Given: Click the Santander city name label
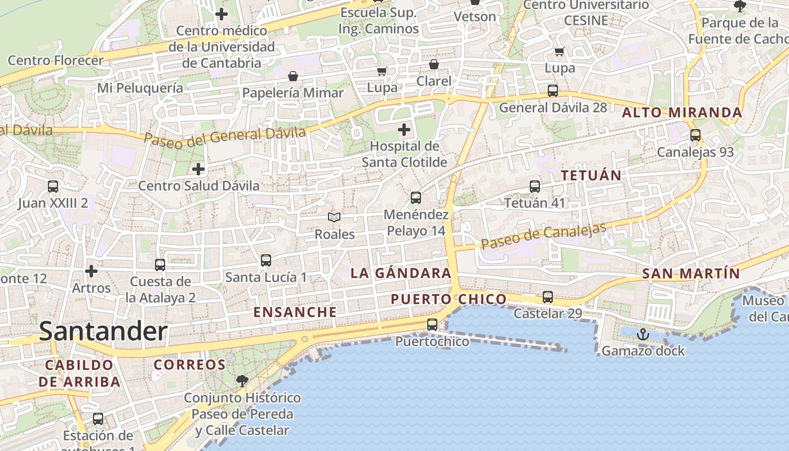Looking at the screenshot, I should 103,331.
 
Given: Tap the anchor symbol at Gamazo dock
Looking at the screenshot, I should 642,334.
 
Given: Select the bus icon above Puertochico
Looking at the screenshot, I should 432,324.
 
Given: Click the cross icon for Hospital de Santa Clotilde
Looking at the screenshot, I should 404,130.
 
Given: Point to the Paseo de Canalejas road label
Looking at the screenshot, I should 544,236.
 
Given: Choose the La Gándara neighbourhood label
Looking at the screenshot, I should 401,273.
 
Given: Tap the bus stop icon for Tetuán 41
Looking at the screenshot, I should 534,186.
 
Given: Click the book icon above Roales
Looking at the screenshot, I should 334,217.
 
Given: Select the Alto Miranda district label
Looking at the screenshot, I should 682,113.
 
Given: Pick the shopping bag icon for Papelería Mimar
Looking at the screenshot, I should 293,76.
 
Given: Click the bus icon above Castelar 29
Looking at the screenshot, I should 547,297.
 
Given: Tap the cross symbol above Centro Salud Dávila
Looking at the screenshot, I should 198,169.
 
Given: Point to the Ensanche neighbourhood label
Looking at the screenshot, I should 295,312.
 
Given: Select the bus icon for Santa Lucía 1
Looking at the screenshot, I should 266,260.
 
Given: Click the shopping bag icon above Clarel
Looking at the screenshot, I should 434,64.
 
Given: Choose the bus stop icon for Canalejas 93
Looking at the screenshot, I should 695,135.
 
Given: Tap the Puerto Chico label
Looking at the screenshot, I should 449,299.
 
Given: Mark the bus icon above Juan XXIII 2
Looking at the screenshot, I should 53,186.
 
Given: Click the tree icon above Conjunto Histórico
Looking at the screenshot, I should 242,381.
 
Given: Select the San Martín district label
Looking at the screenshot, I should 691,274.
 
